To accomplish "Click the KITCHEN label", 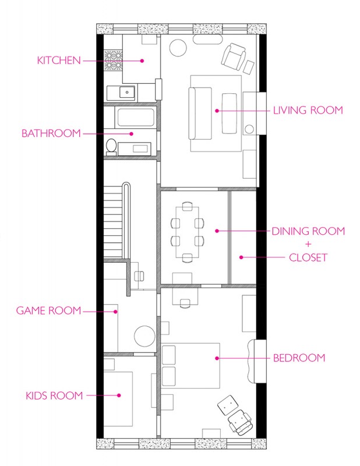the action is pos(59,61).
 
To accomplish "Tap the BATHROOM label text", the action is pos(51,133).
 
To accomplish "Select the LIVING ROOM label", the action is pos(308,110).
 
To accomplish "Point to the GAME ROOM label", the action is pos(49,310).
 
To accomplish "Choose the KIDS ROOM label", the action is pos(54,396).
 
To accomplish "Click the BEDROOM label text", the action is pos(299,358).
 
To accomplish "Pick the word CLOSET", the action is pos(308,257).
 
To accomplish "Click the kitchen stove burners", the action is pos(113,61).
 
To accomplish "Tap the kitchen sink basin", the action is pos(127,92).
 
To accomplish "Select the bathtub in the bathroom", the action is pos(136,118).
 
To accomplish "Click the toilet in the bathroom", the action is pos(111,147).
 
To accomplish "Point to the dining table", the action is pos(188,232).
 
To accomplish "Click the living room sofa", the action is pos(200,113).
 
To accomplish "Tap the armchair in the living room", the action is pos(234,57).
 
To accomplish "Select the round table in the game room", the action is pos(145,336).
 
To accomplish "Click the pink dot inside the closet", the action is pos(241,257).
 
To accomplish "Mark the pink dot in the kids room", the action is pos(119,396).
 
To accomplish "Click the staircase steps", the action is pos(113,221).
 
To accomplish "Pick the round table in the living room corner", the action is pos(178,48).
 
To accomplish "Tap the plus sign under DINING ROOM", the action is pos(308,244).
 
